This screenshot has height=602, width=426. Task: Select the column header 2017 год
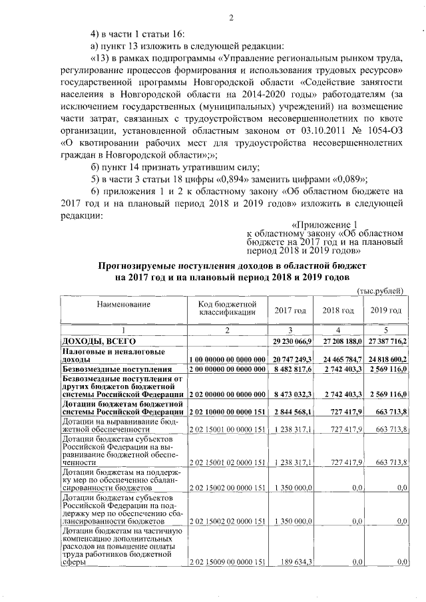click(290, 311)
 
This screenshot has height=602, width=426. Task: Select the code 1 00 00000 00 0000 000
click(228, 359)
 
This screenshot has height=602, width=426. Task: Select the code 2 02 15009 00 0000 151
click(228, 562)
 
